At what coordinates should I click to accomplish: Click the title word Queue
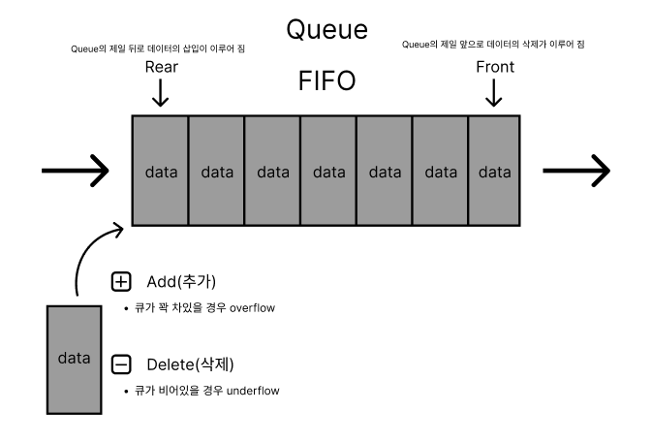click(x=326, y=29)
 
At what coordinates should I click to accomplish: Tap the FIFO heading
click(x=326, y=81)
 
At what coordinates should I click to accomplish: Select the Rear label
click(x=161, y=67)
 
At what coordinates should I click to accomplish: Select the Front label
click(x=494, y=67)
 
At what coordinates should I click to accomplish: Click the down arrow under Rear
click(x=161, y=93)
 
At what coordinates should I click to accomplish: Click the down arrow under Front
click(x=494, y=93)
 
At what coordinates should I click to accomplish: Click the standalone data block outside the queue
click(x=75, y=358)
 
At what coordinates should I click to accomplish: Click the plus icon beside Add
click(x=121, y=282)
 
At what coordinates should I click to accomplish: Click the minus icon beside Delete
click(x=121, y=365)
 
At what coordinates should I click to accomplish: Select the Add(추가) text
click(x=180, y=282)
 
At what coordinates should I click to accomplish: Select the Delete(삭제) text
click(x=190, y=365)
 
